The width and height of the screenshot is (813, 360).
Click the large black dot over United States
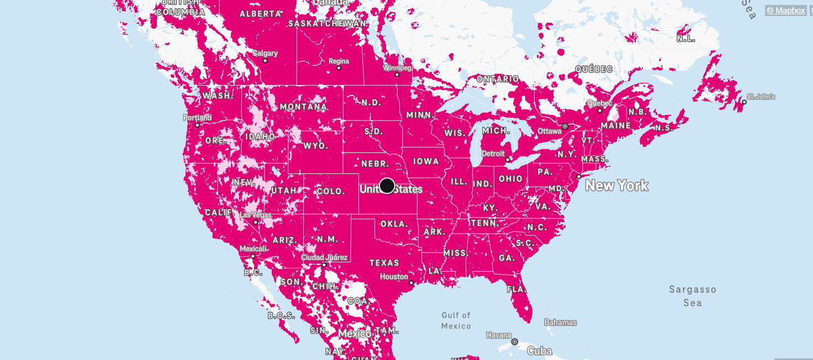[387, 186]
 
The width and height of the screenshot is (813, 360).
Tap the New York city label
[616, 186]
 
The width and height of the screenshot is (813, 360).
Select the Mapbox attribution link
[785, 10]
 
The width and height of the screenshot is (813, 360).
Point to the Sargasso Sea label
[693, 296]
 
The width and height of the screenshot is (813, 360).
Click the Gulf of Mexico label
[456, 320]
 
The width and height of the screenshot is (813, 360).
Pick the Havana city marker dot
[515, 342]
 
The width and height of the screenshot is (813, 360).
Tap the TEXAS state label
[384, 263]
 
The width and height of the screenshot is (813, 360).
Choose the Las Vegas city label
[255, 214]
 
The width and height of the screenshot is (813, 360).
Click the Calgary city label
[265, 54]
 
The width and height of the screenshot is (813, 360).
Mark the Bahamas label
[560, 322]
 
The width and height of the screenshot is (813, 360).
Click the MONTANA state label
[303, 107]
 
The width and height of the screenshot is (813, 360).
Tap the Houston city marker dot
[411, 283]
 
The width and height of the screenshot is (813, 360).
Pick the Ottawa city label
[550, 131]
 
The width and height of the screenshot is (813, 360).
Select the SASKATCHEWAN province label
[328, 24]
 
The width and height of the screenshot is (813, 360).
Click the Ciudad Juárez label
[324, 257]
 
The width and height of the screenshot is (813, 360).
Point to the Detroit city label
[493, 153]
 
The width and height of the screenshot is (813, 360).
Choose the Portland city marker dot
[197, 125]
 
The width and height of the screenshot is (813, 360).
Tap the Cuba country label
[540, 351]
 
